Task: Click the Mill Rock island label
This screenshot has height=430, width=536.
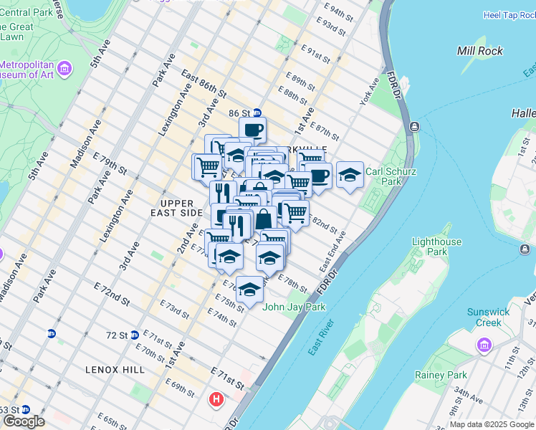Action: (x=479, y=51)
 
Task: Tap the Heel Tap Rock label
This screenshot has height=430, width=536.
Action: (x=509, y=14)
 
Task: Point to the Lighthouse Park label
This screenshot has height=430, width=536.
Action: (x=436, y=247)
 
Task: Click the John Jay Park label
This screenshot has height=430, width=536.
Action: (x=295, y=307)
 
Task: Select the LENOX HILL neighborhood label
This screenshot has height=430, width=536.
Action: (x=115, y=370)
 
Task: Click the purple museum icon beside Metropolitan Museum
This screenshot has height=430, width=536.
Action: (x=64, y=69)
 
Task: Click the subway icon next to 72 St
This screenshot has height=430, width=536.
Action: (x=135, y=335)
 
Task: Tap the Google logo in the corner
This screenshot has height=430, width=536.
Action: (x=24, y=421)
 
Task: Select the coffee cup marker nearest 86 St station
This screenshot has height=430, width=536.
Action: (x=253, y=130)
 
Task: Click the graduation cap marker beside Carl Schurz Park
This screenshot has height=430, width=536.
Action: (x=349, y=174)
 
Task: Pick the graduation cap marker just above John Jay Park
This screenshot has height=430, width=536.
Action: (x=249, y=290)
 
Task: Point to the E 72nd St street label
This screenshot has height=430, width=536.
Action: (x=110, y=291)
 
